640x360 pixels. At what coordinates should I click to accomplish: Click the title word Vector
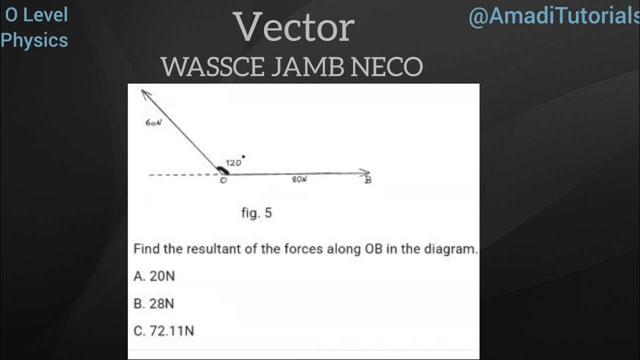coord(295,28)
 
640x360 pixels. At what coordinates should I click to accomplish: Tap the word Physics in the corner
coord(34,40)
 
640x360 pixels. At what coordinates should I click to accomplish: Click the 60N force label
coord(153,123)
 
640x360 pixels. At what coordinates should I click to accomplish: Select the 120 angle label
coord(233,162)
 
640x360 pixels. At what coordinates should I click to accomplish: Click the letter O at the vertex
coord(223,180)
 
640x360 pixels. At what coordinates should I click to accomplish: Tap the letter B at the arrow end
coord(368,179)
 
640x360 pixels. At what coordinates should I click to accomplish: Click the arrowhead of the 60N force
coord(145,93)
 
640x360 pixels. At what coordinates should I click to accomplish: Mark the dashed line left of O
coord(182,175)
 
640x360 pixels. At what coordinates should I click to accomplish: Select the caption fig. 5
coord(256,213)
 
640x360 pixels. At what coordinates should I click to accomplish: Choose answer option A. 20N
coord(154,276)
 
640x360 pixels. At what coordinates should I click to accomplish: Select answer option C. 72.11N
coord(164,331)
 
